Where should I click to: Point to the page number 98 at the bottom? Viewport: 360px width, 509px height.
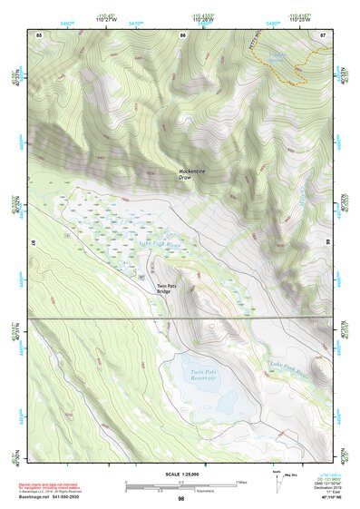[x=181, y=498]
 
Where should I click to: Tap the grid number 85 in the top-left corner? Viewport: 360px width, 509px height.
[x=39, y=34]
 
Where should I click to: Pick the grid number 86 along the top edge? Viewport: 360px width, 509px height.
[x=182, y=34]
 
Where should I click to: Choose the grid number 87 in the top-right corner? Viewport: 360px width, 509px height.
[x=324, y=34]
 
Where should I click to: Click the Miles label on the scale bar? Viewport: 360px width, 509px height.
[x=241, y=482]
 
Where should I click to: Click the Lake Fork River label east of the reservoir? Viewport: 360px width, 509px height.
[x=289, y=368]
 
